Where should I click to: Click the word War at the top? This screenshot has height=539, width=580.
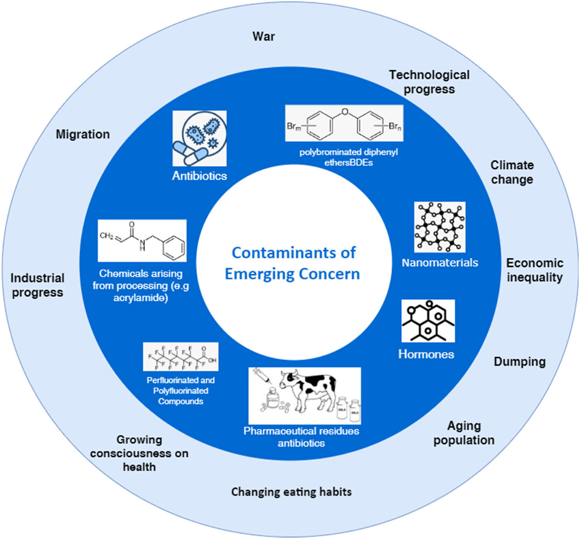[x=263, y=36]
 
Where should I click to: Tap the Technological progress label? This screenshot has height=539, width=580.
[x=429, y=82]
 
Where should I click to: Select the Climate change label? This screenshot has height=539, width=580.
[x=512, y=172]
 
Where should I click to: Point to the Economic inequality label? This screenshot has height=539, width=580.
[x=534, y=270]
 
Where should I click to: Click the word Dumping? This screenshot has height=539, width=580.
[x=519, y=362]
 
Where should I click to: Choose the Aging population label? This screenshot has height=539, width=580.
[x=464, y=433]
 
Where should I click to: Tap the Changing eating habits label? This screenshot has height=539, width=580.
[x=291, y=492]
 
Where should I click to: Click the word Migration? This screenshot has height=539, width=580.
[x=82, y=134]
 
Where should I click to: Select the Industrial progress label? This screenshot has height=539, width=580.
[x=38, y=285]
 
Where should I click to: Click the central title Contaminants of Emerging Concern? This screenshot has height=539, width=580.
[x=293, y=263]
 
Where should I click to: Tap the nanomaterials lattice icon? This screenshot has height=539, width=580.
[x=440, y=227]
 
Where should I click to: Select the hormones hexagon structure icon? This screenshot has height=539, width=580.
[x=428, y=321]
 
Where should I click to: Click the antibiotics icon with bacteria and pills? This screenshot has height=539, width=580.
[x=199, y=138]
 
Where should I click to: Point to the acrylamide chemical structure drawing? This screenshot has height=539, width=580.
[x=142, y=240]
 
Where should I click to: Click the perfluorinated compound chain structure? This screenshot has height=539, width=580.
[x=180, y=357]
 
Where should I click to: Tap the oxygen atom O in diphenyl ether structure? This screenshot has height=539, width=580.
[x=344, y=111]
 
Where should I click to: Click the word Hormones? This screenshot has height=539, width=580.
[x=426, y=354]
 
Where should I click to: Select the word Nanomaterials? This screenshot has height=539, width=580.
[x=440, y=263]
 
